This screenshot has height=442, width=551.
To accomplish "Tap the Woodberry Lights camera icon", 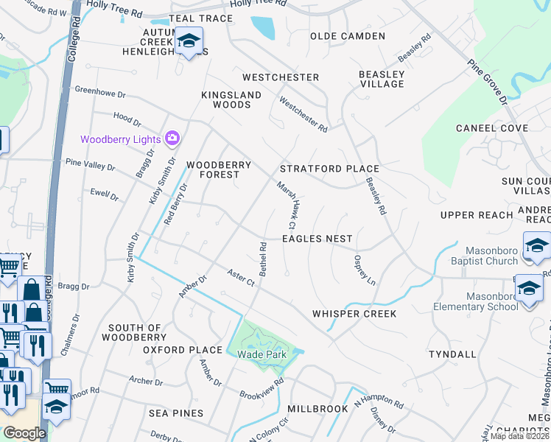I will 172,138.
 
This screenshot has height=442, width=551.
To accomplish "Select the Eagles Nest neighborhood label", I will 317,239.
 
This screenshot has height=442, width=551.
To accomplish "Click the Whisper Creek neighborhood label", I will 354,314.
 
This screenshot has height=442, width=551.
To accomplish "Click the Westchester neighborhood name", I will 281,77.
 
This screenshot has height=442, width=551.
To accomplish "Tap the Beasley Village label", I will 382,79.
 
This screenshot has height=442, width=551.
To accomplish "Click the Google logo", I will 24,432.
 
